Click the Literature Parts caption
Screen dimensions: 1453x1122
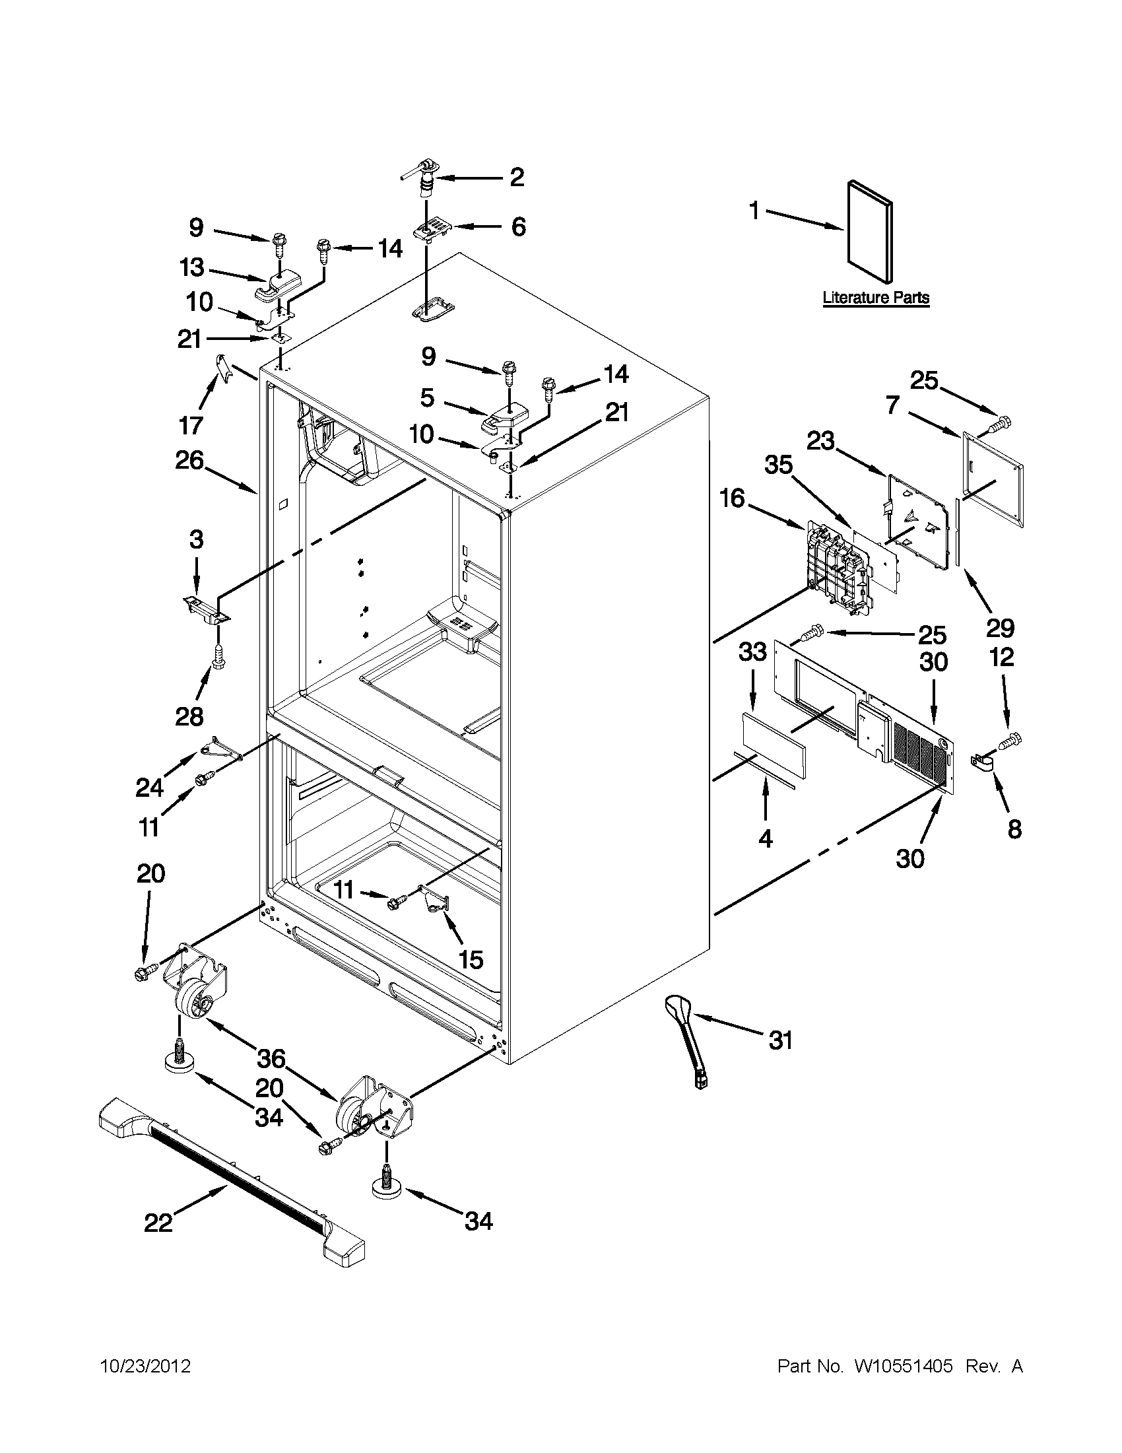[x=875, y=297]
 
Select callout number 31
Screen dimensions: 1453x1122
[x=781, y=1040]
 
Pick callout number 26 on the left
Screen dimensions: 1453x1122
[x=189, y=460]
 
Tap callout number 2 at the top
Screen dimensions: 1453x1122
[x=516, y=177]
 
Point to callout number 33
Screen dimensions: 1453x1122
[x=753, y=652]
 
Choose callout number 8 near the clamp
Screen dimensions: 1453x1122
[x=1014, y=829]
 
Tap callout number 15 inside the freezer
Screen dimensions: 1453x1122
[x=471, y=959]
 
